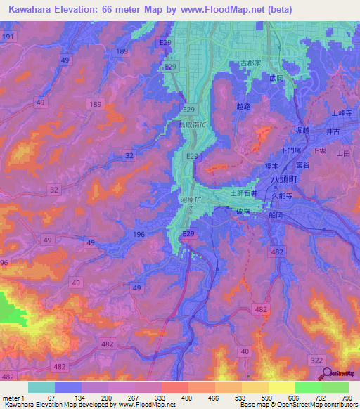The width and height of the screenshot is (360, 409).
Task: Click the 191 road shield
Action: click(x=8, y=35)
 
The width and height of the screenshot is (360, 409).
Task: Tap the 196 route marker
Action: click(x=139, y=233)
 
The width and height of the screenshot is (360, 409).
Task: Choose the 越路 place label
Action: click(x=244, y=107)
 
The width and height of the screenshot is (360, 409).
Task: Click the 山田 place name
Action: click(x=342, y=153)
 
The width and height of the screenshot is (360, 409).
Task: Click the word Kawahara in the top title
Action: click(x=32, y=9)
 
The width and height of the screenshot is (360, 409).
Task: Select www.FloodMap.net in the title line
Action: click(x=215, y=9)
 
